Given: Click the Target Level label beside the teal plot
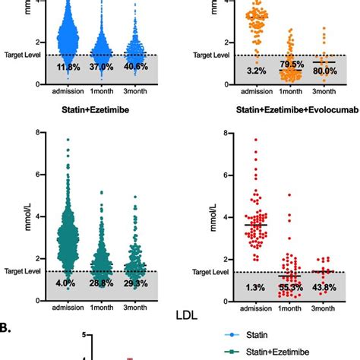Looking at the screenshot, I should pos(17,270).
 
